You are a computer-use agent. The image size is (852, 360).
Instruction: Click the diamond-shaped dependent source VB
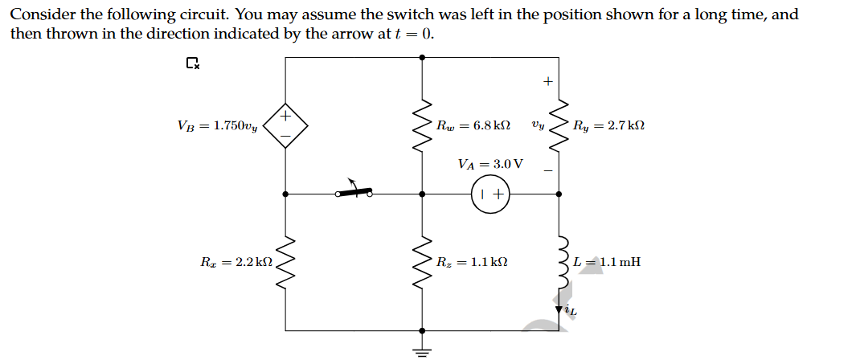285,125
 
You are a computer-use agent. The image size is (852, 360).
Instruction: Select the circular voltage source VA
490,194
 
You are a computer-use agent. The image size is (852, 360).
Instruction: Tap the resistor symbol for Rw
423,125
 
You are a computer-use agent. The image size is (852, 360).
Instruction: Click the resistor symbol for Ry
559,125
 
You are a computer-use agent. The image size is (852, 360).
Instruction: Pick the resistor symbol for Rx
286,262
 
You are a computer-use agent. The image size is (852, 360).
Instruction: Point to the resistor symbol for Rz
423,262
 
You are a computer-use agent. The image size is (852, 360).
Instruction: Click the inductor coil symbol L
560,262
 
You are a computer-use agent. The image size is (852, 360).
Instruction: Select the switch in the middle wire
354,191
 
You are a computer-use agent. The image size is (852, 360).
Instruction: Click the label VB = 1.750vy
217,125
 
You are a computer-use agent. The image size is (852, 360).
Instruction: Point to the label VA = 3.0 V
490,164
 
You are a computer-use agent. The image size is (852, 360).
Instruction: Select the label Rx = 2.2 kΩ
236,262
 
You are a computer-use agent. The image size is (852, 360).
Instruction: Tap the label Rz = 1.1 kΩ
473,262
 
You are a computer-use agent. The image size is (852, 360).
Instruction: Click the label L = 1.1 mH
608,262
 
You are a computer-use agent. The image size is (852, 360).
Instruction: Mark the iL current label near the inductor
570,310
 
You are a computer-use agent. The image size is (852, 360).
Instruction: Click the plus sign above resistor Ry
548,81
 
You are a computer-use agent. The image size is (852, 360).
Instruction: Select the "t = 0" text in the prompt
415,34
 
